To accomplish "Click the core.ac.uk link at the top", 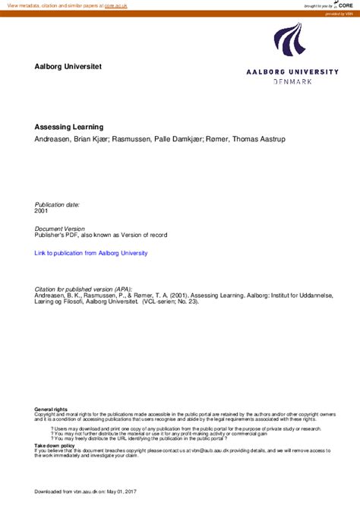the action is click(x=116, y=5).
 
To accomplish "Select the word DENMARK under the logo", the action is click(x=292, y=81).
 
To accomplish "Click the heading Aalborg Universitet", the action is click(x=68, y=67).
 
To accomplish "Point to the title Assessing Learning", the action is click(x=68, y=127).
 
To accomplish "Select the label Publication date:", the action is click(x=57, y=205).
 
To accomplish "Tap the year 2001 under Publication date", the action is click(x=42, y=212).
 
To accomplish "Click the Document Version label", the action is click(x=60, y=228).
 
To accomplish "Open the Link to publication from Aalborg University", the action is click(x=91, y=253).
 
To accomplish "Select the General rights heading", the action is click(x=51, y=409).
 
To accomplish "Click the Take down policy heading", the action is click(x=55, y=445).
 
